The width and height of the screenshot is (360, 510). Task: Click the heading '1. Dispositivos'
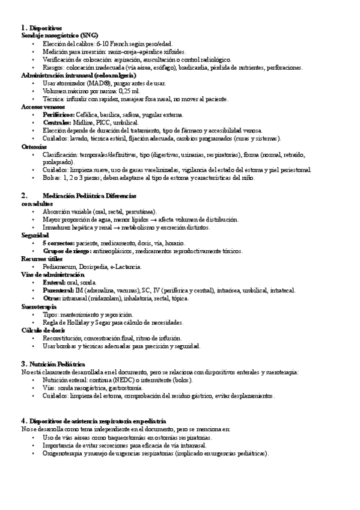point(41,28)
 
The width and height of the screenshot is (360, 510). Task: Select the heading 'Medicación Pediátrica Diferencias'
point(90,195)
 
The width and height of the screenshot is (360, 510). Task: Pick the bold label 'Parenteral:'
point(59,290)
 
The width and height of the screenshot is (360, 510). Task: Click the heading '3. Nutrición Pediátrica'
point(52,364)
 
